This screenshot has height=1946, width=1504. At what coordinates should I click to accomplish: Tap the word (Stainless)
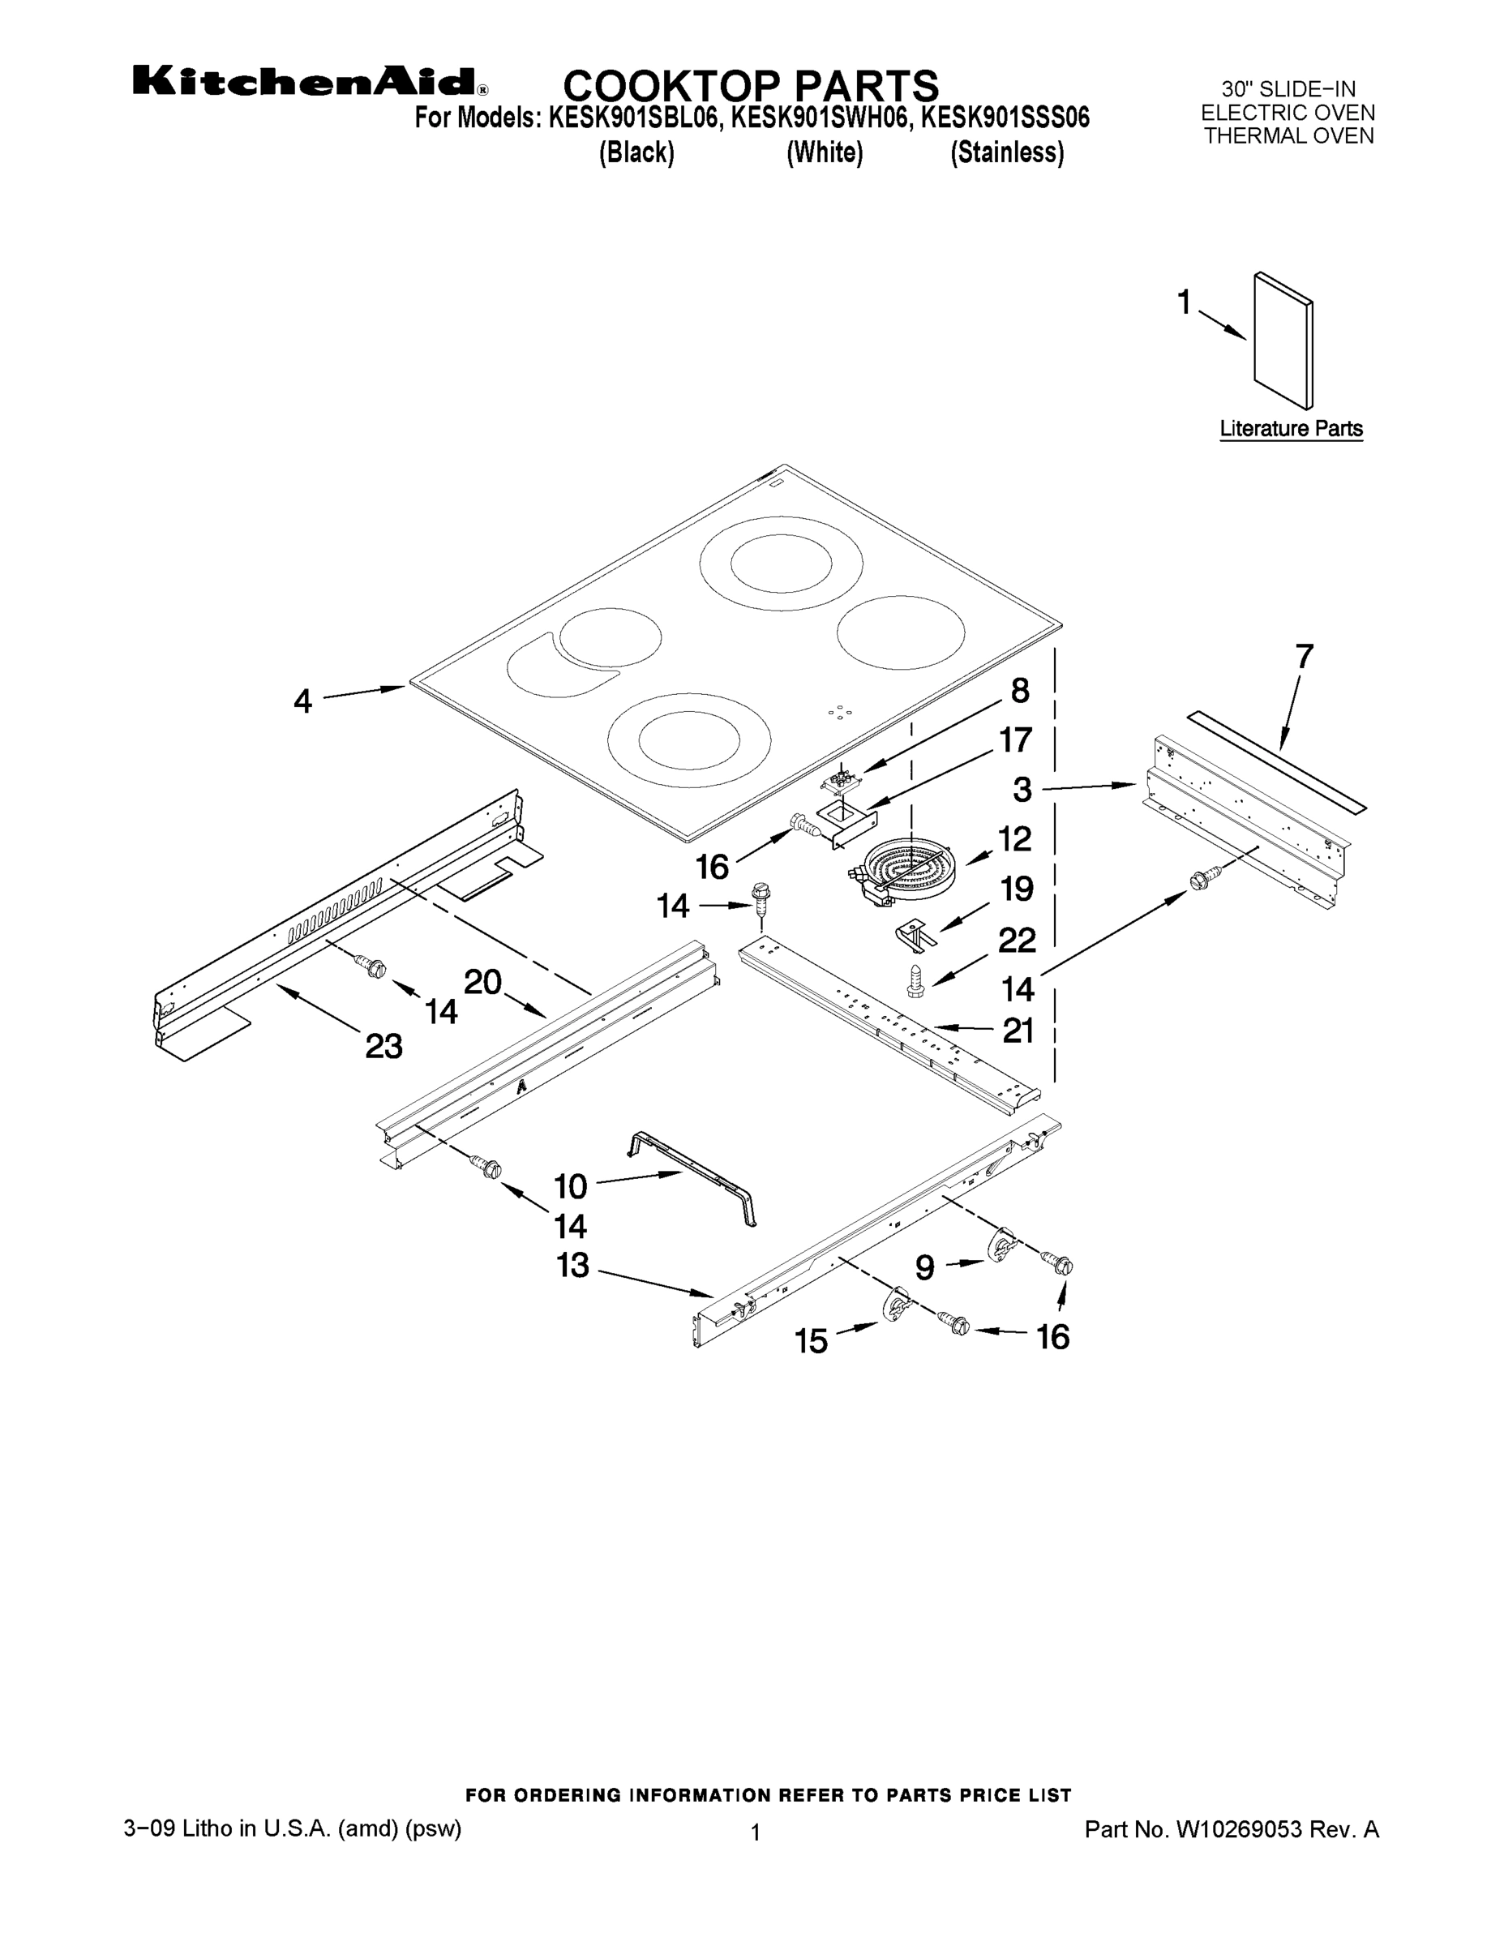(1007, 153)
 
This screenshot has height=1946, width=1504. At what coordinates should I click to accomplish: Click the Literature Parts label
(1290, 429)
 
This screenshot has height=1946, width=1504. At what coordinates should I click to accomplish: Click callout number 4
(303, 701)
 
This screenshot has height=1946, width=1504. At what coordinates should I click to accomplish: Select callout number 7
(1304, 657)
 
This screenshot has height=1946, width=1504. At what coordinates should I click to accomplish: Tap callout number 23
(384, 1046)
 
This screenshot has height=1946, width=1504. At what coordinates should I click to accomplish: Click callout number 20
(483, 982)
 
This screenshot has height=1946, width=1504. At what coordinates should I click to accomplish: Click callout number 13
(573, 1264)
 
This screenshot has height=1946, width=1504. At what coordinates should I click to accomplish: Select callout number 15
(811, 1341)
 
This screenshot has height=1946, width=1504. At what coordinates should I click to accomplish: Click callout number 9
(925, 1267)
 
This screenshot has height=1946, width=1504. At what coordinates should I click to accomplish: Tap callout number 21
(1018, 1030)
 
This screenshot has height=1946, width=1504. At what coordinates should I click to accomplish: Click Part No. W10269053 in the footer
(1232, 1830)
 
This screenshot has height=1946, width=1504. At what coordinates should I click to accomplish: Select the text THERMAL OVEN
(1288, 136)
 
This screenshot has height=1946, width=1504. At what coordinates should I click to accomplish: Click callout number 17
(1016, 740)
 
